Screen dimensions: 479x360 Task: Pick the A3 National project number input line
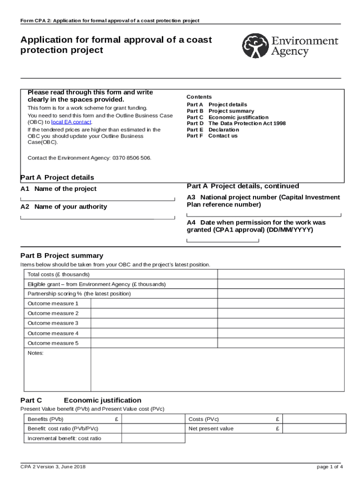264,214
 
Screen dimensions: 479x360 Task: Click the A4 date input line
223,240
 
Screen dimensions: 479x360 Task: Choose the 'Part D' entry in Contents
195,123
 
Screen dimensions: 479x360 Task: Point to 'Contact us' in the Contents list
223,136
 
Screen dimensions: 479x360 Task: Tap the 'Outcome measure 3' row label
53,323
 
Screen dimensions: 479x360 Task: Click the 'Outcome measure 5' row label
53,343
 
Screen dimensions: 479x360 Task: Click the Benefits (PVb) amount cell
153,419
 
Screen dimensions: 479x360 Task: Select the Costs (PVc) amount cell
314,419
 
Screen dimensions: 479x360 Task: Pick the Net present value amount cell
314,428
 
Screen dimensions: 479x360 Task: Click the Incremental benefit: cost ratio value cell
153,438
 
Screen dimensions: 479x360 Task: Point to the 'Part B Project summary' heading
62,256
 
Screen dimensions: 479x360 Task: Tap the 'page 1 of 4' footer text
330,467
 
